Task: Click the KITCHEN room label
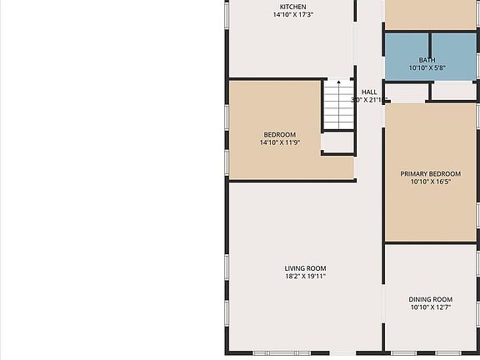click(292, 7)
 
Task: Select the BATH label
click(427, 60)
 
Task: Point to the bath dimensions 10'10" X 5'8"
click(427, 68)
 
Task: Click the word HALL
click(369, 92)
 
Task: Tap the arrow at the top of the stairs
click(338, 82)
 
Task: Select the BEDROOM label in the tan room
click(279, 135)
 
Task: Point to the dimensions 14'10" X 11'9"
click(279, 143)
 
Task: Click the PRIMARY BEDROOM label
click(430, 174)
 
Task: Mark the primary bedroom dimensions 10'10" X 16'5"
click(430, 182)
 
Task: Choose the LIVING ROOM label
click(305, 267)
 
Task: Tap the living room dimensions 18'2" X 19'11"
click(305, 276)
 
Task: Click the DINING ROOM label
click(430, 299)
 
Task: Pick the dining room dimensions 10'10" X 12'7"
click(430, 307)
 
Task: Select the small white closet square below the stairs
click(337, 143)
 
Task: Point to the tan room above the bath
click(430, 13)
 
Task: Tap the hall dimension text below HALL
click(367, 100)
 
